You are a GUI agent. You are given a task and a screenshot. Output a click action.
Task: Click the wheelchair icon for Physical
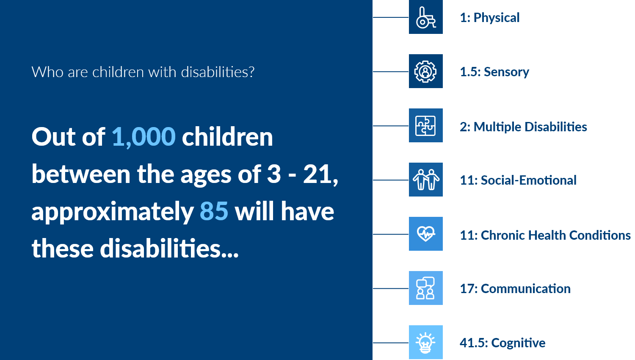(x=425, y=17)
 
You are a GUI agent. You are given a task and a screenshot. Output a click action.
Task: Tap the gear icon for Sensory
(x=425, y=71)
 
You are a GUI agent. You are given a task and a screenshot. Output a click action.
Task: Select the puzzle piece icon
(x=425, y=125)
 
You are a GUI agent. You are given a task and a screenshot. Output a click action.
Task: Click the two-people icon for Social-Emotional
(x=425, y=180)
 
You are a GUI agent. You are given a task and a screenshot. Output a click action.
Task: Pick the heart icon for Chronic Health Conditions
(x=425, y=234)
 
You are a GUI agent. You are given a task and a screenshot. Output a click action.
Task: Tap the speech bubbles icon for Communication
(x=425, y=288)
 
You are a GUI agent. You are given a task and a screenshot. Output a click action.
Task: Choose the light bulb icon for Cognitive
(x=425, y=342)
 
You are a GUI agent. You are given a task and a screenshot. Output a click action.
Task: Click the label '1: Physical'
(x=490, y=18)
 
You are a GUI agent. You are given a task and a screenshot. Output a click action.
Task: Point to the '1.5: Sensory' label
(x=494, y=72)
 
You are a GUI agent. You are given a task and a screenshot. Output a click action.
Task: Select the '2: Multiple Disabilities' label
(x=524, y=127)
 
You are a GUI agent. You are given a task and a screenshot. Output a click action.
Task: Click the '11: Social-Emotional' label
(x=518, y=180)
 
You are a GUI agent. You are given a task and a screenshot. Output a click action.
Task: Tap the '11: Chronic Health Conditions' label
(x=545, y=235)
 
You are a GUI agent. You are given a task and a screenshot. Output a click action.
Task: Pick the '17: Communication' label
(x=515, y=289)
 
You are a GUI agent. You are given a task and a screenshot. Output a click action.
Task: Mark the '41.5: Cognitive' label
(x=502, y=343)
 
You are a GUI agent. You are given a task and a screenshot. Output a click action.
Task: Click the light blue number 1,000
(x=144, y=137)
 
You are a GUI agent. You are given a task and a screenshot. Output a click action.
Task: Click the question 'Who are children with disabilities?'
(x=143, y=72)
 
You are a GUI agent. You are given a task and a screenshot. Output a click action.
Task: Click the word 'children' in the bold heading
(x=227, y=137)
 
